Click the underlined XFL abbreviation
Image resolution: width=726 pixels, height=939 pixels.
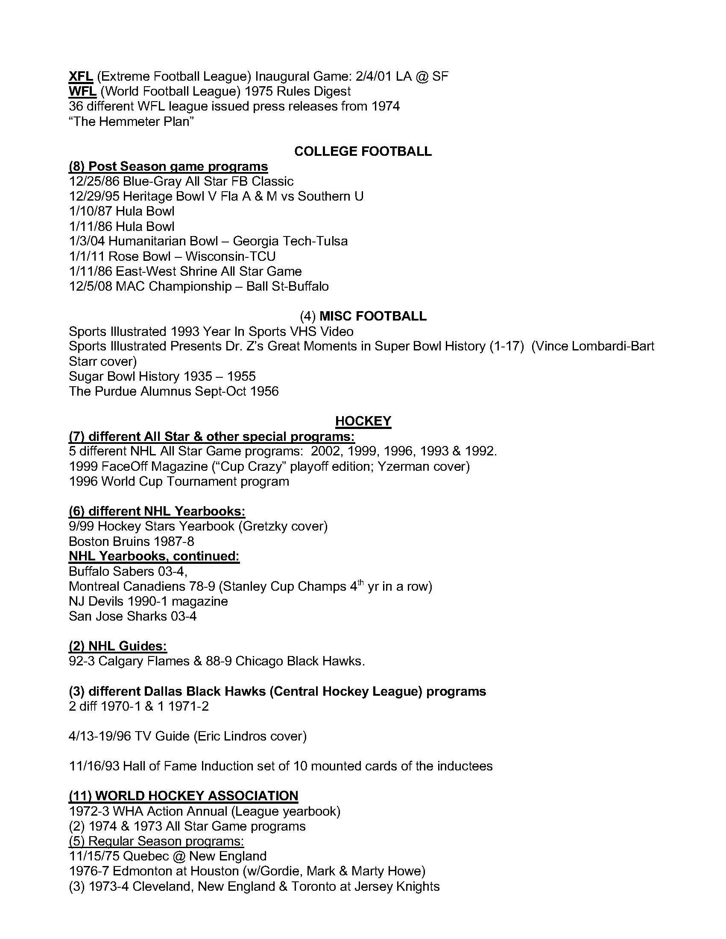tap(81, 76)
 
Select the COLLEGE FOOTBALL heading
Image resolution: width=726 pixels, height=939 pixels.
tap(363, 152)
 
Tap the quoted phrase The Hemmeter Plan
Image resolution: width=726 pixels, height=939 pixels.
tap(131, 122)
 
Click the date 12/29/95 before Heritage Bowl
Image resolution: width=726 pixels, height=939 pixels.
tap(94, 196)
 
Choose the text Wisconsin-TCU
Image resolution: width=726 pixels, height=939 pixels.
tap(230, 256)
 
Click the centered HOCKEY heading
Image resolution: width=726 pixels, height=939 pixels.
tap(363, 421)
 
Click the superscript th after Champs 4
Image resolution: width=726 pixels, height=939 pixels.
tap(360, 583)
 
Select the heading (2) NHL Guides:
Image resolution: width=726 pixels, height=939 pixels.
tap(118, 646)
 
